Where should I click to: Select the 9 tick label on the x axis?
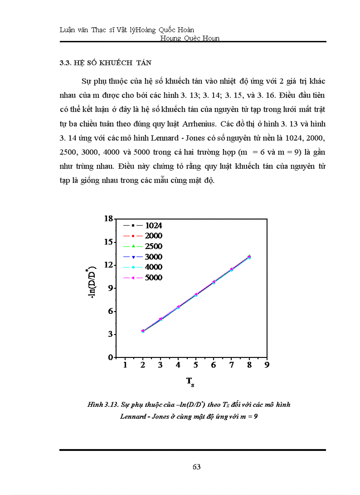pyautogui.click(x=266, y=365)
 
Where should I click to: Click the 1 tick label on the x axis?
pyautogui.click(x=125, y=365)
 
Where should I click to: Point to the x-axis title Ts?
pyautogui.click(x=190, y=382)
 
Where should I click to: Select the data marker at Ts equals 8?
pyautogui.click(x=249, y=257)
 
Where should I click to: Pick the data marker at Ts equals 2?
pyautogui.click(x=142, y=331)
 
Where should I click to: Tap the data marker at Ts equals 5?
pyautogui.click(x=196, y=294)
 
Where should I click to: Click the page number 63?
pyautogui.click(x=197, y=467)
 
